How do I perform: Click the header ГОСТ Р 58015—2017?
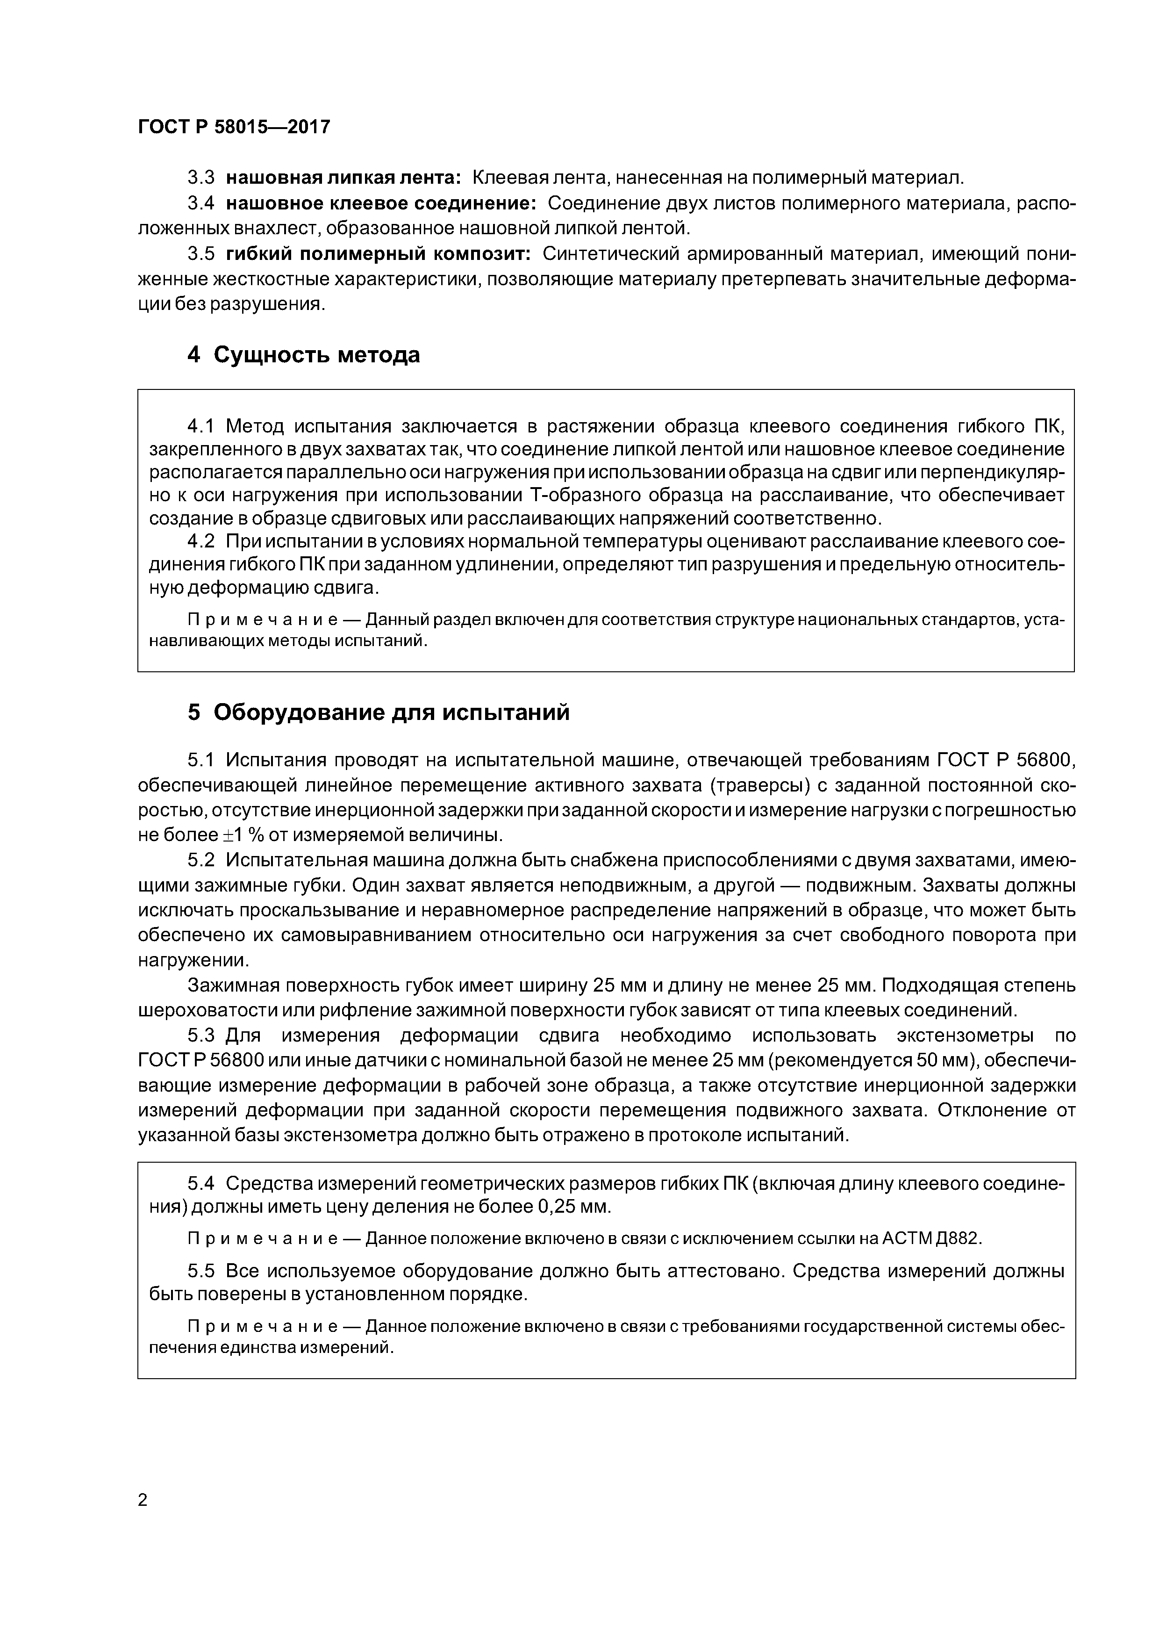tap(234, 127)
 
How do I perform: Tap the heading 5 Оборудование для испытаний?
tap(379, 712)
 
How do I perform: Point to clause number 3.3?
tap(200, 177)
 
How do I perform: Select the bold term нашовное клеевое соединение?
tap(380, 203)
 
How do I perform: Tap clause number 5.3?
tap(200, 1036)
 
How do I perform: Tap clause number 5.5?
tap(200, 1271)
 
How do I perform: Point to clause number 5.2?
tap(200, 860)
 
